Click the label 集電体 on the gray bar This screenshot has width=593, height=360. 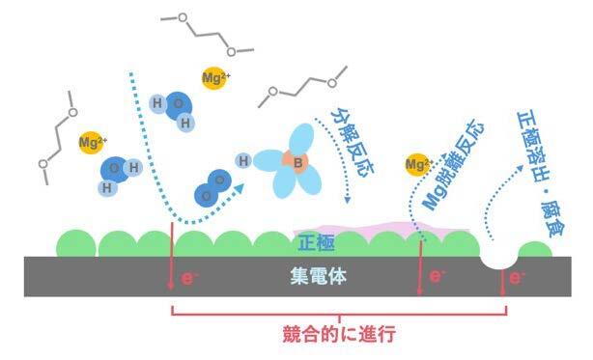318,276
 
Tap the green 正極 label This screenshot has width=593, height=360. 316,242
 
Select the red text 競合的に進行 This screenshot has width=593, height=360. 339,334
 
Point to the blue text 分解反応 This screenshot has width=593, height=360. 353,144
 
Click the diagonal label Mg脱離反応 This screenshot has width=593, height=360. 453,165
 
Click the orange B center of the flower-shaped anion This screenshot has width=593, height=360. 297,163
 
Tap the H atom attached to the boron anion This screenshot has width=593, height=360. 243,161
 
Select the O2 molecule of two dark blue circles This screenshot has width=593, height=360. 212,188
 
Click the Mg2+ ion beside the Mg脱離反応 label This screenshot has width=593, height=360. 418,164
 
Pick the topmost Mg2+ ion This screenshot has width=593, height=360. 214,78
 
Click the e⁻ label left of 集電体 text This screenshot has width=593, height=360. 188,278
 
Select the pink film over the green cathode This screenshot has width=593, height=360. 381,230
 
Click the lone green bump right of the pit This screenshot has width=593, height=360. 535,250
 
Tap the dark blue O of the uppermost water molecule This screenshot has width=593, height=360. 179,105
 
